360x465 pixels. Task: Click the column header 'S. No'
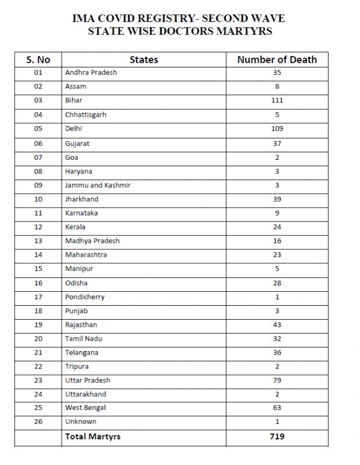[38, 59]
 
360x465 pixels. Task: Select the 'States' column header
[144, 59]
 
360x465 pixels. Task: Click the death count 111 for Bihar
[277, 101]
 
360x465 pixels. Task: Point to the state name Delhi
[74, 128]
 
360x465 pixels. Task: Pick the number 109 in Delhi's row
[277, 128]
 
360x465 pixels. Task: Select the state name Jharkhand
[82, 199]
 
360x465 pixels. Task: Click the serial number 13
[38, 241]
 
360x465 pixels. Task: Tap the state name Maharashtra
[86, 255]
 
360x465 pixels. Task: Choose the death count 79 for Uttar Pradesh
[277, 381]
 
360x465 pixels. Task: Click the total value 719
[277, 436]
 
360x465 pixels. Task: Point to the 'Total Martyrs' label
[93, 437]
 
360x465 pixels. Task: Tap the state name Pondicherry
[85, 297]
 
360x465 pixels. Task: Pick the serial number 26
[38, 421]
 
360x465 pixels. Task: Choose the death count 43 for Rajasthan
[277, 325]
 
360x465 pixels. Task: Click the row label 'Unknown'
[81, 421]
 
